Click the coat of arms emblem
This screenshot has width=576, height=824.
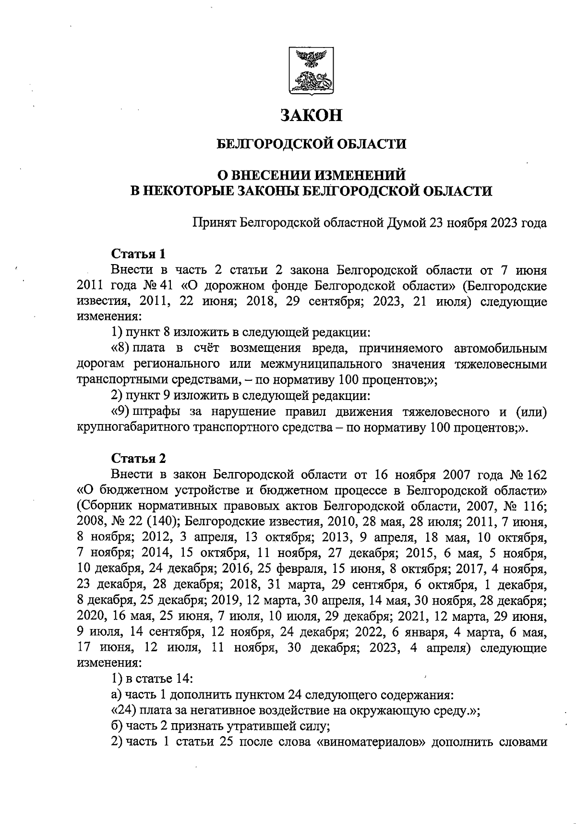point(311,70)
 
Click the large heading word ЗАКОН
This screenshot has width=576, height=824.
point(312,115)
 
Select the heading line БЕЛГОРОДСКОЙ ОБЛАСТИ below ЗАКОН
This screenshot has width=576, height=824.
point(312,144)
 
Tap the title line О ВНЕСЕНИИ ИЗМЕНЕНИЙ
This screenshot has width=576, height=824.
point(312,174)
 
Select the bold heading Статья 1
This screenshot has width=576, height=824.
point(138,253)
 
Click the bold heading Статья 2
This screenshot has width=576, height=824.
point(138,458)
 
